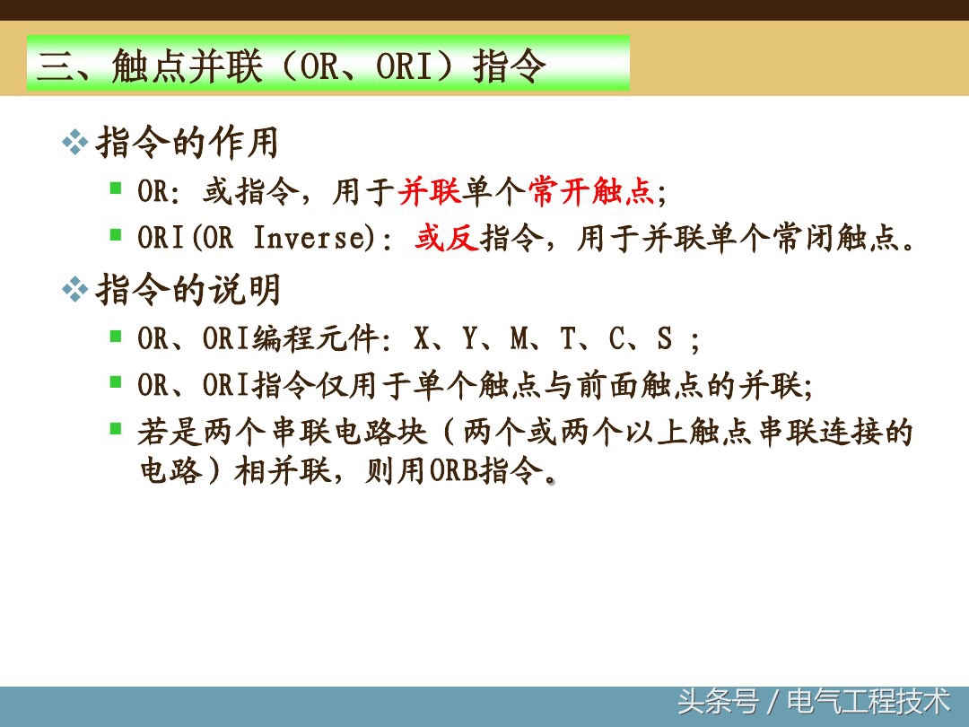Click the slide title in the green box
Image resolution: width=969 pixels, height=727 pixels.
292,66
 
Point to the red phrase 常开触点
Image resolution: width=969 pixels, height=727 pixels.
592,191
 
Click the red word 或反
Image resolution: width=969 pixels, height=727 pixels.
447,239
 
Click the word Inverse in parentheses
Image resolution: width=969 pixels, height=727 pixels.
305,239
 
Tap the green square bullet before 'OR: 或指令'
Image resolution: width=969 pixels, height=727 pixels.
116,188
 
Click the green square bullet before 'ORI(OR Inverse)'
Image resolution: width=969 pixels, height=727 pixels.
116,235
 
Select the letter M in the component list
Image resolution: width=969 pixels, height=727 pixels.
519,338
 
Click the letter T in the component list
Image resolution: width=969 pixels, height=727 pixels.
568,338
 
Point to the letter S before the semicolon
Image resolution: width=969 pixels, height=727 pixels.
664,338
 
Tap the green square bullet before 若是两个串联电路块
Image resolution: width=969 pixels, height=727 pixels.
116,429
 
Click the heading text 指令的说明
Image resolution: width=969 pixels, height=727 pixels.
188,289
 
